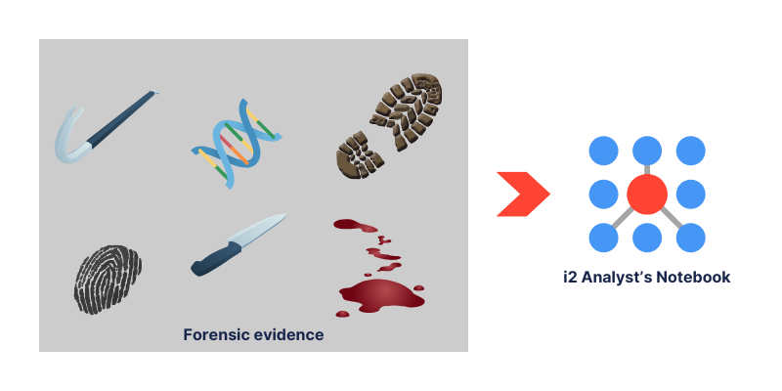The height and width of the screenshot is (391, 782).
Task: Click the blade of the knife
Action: tap(256, 231)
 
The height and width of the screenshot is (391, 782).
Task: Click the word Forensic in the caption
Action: tap(218, 334)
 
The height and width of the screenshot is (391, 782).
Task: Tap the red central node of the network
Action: tap(647, 195)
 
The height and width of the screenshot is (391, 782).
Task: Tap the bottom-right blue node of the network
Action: tap(691, 238)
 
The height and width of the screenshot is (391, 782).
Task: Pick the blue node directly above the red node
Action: tap(647, 151)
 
